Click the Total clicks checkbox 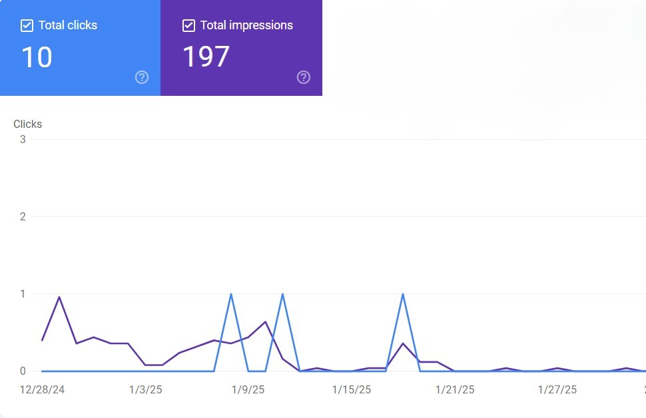27,26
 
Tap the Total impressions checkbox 188,26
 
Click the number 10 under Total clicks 37,57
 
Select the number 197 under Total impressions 206,57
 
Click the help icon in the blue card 142,77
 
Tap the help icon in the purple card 304,77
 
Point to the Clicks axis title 27,124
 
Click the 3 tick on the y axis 23,139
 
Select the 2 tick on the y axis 23,216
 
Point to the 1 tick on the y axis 23,294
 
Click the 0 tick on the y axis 23,371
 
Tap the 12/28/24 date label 43,389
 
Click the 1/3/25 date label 145,389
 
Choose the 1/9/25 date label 248,389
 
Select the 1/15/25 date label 352,389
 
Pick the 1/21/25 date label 455,389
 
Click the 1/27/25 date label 558,389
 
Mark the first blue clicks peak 231,294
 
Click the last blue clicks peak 403,294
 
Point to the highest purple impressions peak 59,297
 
